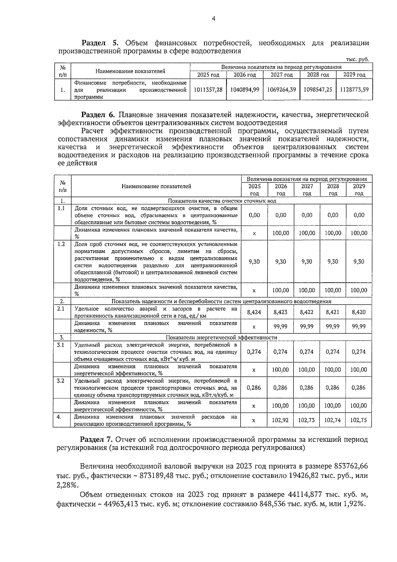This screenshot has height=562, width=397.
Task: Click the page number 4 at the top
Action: coord(213,19)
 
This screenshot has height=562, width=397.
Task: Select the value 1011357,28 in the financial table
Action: coord(208,89)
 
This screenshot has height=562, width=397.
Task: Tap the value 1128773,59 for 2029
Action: coord(354,89)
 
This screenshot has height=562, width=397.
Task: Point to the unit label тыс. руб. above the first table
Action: coord(357,59)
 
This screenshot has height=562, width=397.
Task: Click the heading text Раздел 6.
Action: coord(98,115)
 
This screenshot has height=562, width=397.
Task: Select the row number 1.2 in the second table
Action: coord(61,244)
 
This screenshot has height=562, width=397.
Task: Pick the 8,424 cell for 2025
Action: coord(254,312)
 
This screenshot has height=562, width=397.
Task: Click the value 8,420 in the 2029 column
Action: coord(359,312)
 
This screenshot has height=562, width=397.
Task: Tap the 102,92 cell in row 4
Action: coord(281,420)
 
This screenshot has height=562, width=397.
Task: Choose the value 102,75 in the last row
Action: coord(359,420)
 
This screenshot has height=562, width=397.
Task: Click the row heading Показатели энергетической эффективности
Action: coord(221,338)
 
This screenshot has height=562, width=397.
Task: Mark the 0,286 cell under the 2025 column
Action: coord(254,388)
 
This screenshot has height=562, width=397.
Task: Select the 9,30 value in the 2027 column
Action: coord(307,261)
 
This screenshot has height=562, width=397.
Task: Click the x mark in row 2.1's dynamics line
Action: coord(254,327)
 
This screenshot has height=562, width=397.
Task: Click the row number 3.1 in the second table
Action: coord(61,345)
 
